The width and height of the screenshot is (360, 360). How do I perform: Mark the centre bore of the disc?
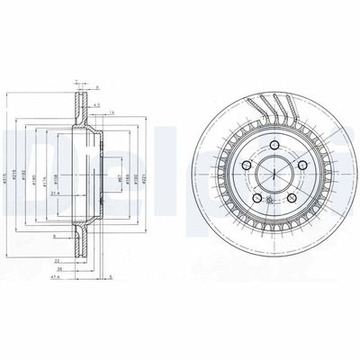tap(269, 176)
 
